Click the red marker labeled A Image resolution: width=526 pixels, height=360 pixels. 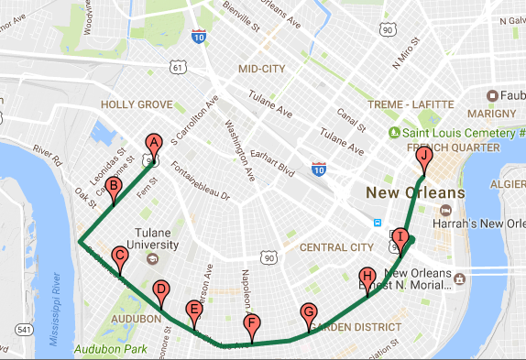pos(154,143)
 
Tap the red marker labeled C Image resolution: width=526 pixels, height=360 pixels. pos(119,256)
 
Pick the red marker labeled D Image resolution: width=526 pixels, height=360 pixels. pos(160,289)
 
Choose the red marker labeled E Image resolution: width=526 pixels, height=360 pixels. pos(193,310)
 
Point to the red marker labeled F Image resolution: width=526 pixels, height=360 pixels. pos(252,323)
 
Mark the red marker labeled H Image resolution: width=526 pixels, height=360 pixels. pos(367,277)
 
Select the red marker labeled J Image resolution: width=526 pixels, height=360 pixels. pos(423,158)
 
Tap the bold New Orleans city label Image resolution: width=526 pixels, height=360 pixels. pos(415,193)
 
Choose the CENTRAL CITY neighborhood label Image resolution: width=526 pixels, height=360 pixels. pos(336,247)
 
